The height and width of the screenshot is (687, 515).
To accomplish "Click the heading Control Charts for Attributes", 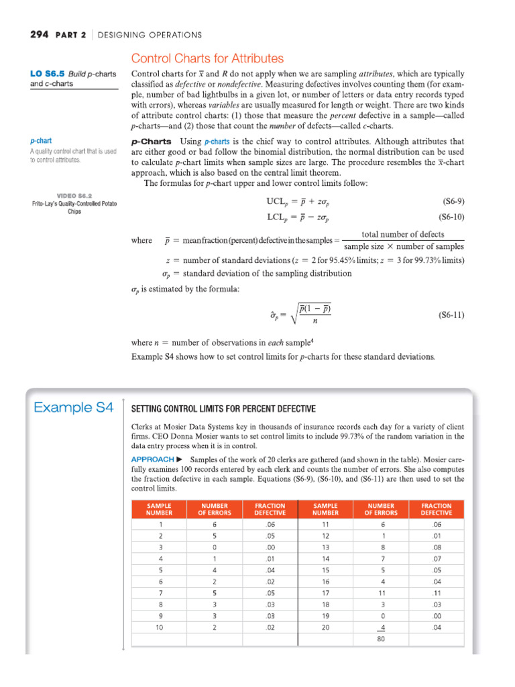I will pyautogui.click(x=207, y=59).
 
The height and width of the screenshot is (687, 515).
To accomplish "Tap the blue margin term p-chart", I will pyautogui.click(x=42, y=142).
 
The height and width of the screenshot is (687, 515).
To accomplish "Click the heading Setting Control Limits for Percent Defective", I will pyautogui.click(x=223, y=409).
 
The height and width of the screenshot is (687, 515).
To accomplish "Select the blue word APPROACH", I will pyautogui.click(x=152, y=459).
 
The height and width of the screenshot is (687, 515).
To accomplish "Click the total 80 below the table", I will pyautogui.click(x=381, y=639).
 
